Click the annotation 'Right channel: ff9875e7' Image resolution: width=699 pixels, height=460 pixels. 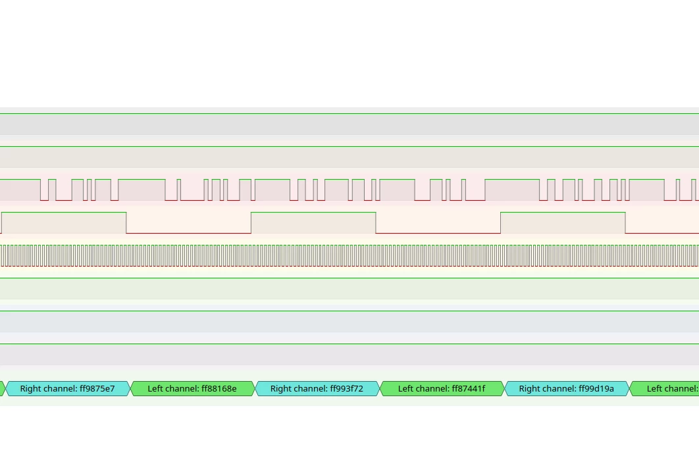[x=67, y=389]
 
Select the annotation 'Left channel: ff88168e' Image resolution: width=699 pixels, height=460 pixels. [x=192, y=389]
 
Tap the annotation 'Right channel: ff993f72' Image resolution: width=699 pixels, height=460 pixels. [x=317, y=389]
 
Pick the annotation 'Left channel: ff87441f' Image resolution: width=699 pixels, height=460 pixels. [x=442, y=389]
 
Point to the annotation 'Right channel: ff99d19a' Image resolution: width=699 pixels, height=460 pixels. [x=567, y=389]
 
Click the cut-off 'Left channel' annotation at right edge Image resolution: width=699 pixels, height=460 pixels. [x=664, y=389]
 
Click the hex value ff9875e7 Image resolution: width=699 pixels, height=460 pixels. [x=97, y=389]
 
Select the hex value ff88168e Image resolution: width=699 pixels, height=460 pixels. [x=219, y=389]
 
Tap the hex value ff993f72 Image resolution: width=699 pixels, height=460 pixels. [x=346, y=389]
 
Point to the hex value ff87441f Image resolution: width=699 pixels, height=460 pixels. [x=469, y=389]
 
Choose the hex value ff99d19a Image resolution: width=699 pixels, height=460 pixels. [x=596, y=389]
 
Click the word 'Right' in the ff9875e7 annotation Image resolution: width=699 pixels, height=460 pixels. [x=30, y=389]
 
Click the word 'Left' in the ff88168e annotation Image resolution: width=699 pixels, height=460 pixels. [x=155, y=389]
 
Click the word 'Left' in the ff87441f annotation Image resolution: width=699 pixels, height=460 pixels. [x=405, y=389]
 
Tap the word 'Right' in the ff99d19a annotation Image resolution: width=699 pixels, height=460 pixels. [x=529, y=389]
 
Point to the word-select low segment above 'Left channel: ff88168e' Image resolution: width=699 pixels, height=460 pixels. [x=188, y=233]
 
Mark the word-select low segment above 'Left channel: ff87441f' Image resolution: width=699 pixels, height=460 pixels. [x=438, y=233]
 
